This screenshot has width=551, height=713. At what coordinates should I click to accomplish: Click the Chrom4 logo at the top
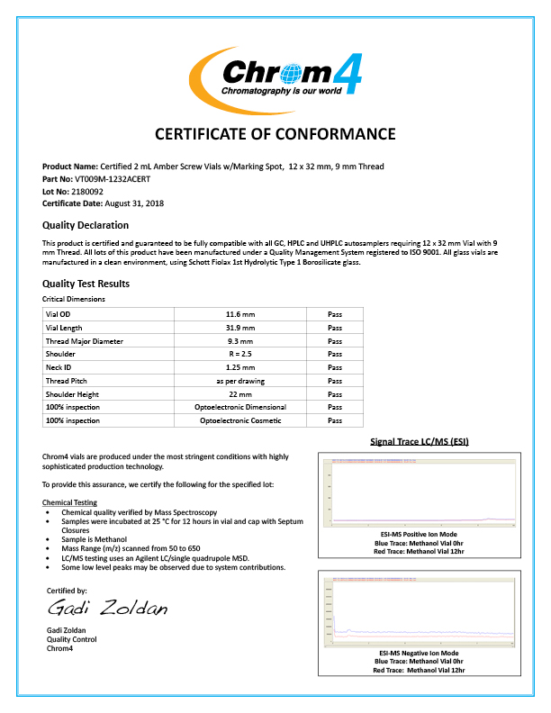coord(275,72)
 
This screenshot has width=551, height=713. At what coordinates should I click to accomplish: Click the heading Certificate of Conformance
coord(275,134)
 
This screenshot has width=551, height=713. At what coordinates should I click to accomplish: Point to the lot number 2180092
coord(86,192)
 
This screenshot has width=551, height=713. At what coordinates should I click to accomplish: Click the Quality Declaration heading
coord(86,225)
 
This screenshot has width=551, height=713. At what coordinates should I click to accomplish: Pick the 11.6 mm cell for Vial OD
coord(240,314)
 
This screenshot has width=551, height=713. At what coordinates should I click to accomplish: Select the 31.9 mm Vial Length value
coord(240,328)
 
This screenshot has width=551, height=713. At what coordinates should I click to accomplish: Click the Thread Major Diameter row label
coord(85,341)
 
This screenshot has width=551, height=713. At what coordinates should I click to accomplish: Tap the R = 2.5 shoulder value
coord(240,354)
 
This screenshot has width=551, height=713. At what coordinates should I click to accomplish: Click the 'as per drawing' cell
coord(240,381)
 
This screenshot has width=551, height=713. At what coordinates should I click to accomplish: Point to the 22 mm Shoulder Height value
coord(240,394)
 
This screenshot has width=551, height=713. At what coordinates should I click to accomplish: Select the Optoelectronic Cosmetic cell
coord(240,420)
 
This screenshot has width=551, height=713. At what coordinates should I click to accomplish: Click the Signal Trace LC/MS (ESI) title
coord(420,441)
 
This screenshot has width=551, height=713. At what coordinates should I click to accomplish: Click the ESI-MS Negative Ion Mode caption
coord(419,652)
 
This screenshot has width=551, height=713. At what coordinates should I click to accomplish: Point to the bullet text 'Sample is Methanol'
coord(91,538)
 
